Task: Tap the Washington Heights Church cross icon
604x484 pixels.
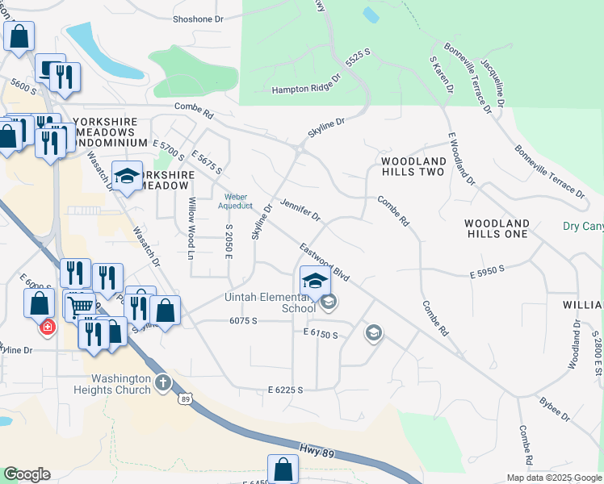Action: point(162,381)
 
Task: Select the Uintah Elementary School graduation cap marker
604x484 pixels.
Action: point(315,281)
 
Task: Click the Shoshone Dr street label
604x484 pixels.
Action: point(198,19)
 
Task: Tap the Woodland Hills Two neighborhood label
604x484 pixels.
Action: point(413,167)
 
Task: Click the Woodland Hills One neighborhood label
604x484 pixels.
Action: point(497,228)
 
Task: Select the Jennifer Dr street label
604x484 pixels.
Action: point(300,211)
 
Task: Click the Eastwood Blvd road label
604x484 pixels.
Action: point(324,262)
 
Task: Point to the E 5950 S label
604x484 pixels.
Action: point(487,274)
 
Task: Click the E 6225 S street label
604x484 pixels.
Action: point(285,390)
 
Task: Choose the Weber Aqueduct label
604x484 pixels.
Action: point(235,201)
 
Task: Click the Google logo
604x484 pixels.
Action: point(26,474)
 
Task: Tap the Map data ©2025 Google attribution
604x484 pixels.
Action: point(553,478)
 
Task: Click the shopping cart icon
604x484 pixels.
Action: point(79,306)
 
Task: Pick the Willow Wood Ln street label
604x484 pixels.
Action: point(192,228)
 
